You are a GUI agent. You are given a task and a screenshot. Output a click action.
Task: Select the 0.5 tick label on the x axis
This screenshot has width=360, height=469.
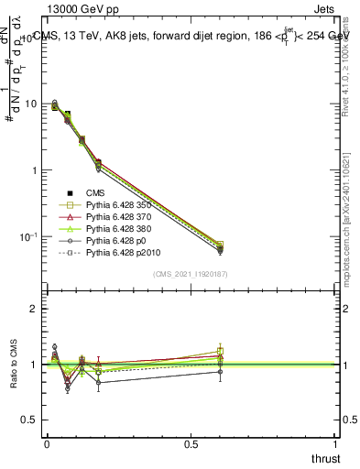(x=191, y=443)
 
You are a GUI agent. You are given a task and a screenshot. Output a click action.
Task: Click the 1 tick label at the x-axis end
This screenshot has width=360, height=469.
(x=336, y=443)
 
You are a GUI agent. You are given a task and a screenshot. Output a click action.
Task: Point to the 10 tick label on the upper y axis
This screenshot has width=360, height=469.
(x=32, y=104)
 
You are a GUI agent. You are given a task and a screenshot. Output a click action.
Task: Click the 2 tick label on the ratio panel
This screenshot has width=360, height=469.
(x=34, y=309)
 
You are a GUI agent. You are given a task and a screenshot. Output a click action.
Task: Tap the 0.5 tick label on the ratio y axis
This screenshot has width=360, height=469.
(x=29, y=420)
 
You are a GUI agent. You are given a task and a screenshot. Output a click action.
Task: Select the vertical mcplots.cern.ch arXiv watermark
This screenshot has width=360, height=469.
(x=350, y=211)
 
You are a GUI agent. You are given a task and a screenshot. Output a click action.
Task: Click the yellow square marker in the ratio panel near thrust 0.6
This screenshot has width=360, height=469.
(x=220, y=351)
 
